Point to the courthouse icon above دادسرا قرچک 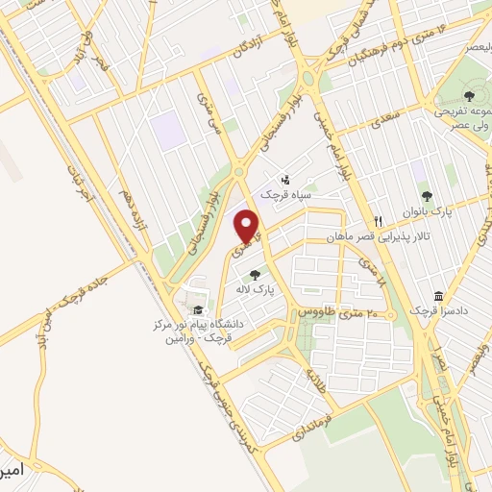pos(438,295)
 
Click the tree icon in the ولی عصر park pos(468,96)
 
